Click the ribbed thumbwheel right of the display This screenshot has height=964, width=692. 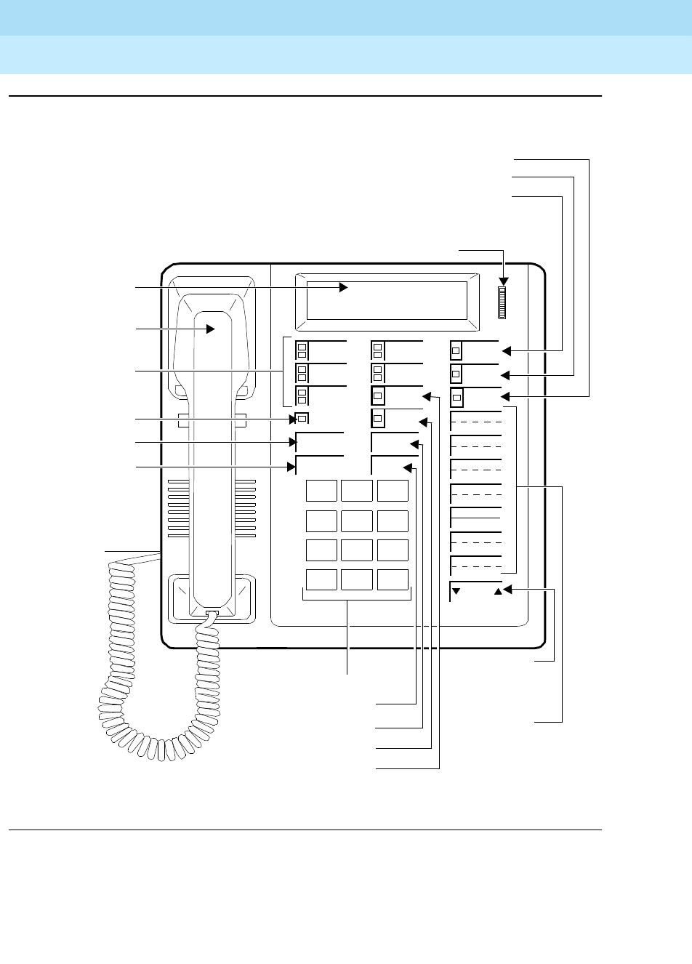(501, 302)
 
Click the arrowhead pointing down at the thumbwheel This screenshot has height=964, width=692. (503, 281)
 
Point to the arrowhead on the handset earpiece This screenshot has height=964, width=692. (212, 329)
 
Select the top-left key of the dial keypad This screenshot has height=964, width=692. (321, 491)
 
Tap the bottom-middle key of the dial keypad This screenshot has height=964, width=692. (357, 579)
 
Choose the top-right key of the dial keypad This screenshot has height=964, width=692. (393, 491)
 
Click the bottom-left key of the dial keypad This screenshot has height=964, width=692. (321, 579)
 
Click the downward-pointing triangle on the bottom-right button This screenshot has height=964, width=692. (456, 591)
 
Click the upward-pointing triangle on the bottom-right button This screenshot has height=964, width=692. (498, 591)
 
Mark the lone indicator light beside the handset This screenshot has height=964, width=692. (302, 418)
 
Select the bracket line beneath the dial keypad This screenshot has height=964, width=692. (357, 599)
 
